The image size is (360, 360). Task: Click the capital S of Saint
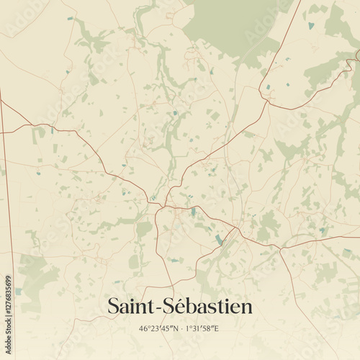coord(113,307)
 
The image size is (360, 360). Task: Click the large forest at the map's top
coord(230,25)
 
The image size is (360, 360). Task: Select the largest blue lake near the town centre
coord(219,239)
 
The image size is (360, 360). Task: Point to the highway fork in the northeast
coord(268,101)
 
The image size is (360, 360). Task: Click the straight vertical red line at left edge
coord(4,180)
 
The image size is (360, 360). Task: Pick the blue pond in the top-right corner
coord(311,26)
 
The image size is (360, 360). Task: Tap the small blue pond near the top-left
coord(70,19)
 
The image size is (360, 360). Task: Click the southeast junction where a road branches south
coord(279,248)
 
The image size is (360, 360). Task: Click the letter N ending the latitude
coord(174,329)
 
